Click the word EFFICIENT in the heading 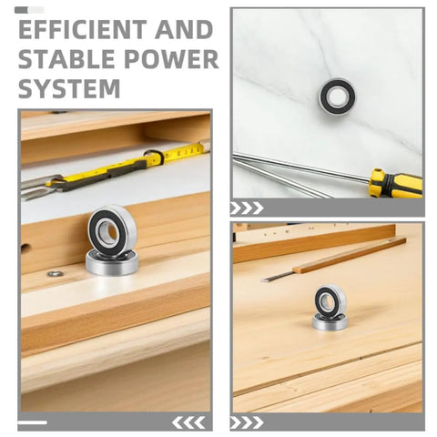coord(82,30)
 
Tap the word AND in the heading coord(184,30)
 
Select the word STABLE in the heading coord(66,59)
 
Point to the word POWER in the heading coord(171,59)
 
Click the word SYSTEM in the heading coord(69,88)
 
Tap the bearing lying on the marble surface coord(337,96)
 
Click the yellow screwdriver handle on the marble coord(395,183)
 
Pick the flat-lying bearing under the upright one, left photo coord(112,263)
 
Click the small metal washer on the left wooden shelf coord(56,273)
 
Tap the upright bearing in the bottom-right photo coord(330,300)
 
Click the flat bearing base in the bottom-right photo coord(330,322)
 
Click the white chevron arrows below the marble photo coord(247,208)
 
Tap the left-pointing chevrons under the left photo coord(188,422)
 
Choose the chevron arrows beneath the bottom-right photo coord(247,422)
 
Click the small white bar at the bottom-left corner coord(33,422)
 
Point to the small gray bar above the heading coord(29,10)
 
